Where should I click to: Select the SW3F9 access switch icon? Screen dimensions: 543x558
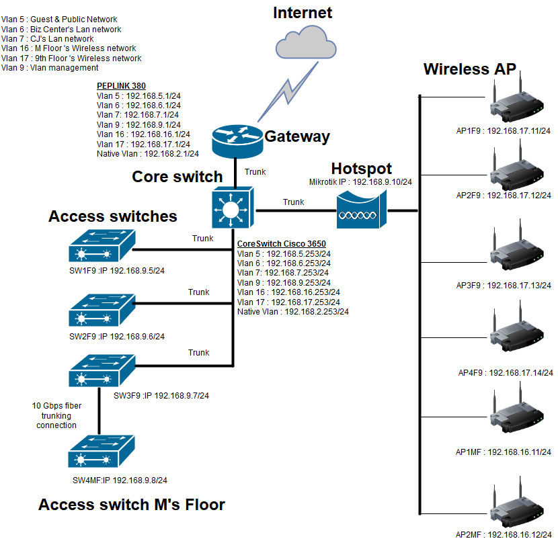pyautogui.click(x=102, y=369)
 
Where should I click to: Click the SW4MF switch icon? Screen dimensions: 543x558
pyautogui.click(x=102, y=451)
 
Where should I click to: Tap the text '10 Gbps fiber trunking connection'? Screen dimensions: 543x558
pyautogui.click(x=55, y=415)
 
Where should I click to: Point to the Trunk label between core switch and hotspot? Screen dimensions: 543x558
pyautogui.click(x=293, y=202)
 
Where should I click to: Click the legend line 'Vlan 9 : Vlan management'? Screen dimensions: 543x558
pyautogui.click(x=50, y=68)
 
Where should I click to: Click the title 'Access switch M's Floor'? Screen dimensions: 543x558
pyautogui.click(x=132, y=505)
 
